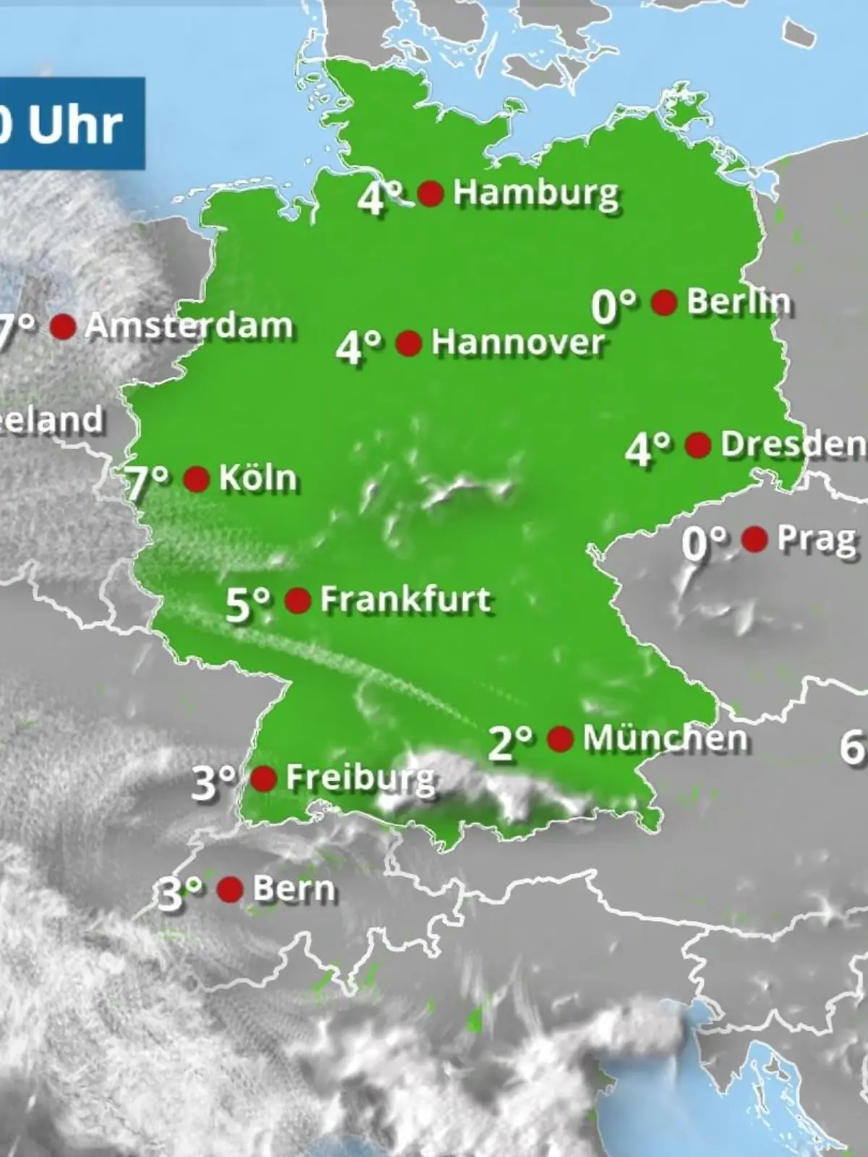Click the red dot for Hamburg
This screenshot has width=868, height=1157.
pyautogui.click(x=431, y=194)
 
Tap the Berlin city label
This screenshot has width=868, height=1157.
pyautogui.click(x=738, y=302)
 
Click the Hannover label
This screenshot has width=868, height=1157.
pyautogui.click(x=517, y=342)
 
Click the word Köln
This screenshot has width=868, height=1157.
pyautogui.click(x=258, y=479)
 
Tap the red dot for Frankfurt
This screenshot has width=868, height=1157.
pyautogui.click(x=298, y=600)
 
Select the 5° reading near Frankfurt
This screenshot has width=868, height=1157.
pyautogui.click(x=248, y=605)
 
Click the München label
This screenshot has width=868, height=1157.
pyautogui.click(x=665, y=738)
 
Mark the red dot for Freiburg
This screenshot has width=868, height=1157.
pyautogui.click(x=263, y=779)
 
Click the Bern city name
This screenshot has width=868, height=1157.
pyautogui.click(x=294, y=889)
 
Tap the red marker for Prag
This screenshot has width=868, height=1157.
pyautogui.click(x=755, y=539)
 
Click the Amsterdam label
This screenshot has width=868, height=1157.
pyautogui.click(x=189, y=327)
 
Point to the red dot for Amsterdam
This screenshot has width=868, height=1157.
pyautogui.click(x=63, y=327)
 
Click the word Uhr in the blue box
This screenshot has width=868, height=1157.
pyautogui.click(x=75, y=125)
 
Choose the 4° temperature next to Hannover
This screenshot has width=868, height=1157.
pyautogui.click(x=359, y=348)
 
